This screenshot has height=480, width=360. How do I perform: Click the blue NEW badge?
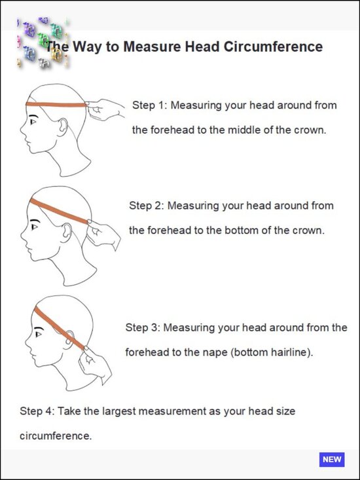pyautogui.click(x=332, y=460)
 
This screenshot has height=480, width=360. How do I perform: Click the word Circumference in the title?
pyautogui.click(x=273, y=46)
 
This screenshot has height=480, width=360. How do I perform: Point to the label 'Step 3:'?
pyautogui.click(x=143, y=327)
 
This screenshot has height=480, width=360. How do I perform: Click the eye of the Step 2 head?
pyautogui.click(x=34, y=227)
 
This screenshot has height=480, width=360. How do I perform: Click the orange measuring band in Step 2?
pyautogui.click(x=59, y=212)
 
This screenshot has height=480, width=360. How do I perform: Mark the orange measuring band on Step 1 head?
pyautogui.click(x=56, y=104)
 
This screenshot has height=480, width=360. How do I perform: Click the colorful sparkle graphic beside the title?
pyautogui.click(x=43, y=43)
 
